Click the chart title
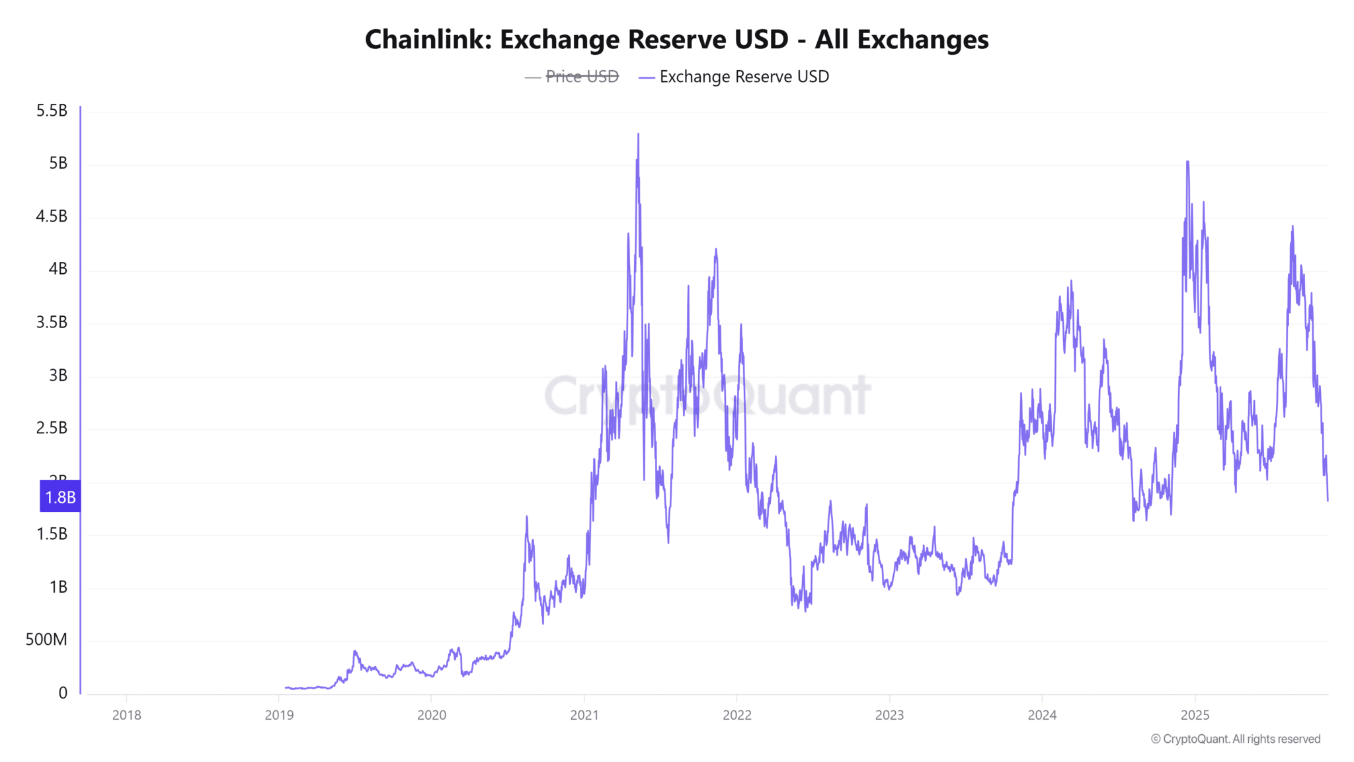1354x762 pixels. click(x=676, y=40)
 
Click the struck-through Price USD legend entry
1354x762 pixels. click(x=581, y=77)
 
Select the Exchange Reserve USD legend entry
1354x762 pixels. click(x=743, y=77)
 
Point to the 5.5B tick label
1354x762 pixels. click(x=52, y=110)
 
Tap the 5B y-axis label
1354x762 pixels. click(x=58, y=163)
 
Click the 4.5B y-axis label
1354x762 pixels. click(x=52, y=216)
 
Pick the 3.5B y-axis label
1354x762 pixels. click(x=52, y=322)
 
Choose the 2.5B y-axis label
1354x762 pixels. click(x=52, y=428)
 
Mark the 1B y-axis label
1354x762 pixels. click(x=58, y=587)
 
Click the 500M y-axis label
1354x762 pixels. click(x=46, y=640)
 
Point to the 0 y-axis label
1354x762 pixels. click(x=63, y=693)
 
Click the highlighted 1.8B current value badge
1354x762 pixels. click(x=60, y=497)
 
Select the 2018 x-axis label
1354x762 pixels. click(x=126, y=715)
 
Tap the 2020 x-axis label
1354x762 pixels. click(x=432, y=715)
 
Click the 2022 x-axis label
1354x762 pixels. click(x=737, y=715)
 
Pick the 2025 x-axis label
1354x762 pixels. click(x=1195, y=715)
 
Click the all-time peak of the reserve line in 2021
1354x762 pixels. click(x=638, y=134)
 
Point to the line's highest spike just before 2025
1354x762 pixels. click(x=1187, y=162)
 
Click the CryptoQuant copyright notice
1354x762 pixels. click(x=1235, y=739)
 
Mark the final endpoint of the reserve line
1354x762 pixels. click(x=1328, y=500)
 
